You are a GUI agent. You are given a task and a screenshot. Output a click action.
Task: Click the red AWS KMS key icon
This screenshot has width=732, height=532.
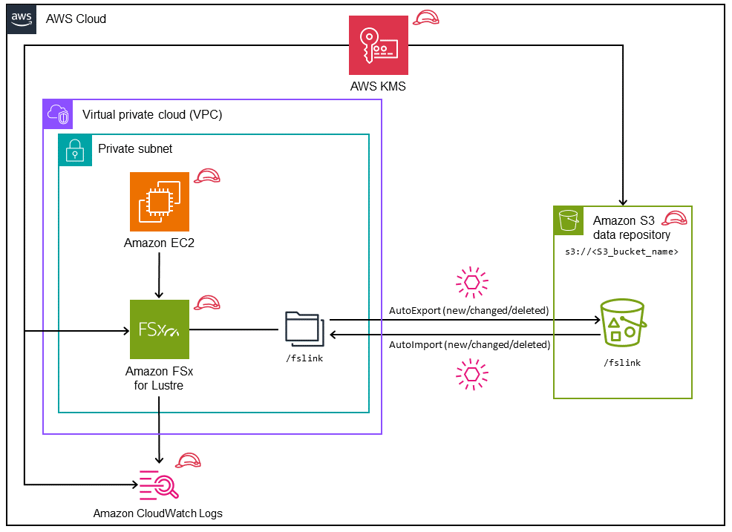tap(379, 45)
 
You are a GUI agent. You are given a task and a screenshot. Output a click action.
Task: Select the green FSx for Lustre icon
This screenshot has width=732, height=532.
tap(159, 329)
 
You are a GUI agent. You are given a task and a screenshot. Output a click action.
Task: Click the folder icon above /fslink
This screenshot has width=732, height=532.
tap(304, 329)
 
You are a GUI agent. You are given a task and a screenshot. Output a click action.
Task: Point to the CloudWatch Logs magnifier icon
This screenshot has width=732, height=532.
tap(159, 485)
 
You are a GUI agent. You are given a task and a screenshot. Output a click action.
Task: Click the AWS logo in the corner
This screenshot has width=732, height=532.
tap(22, 19)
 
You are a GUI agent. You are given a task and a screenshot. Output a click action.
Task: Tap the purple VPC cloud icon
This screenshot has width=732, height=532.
tap(57, 114)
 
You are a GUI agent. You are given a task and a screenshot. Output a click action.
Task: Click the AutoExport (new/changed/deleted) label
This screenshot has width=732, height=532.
tap(469, 310)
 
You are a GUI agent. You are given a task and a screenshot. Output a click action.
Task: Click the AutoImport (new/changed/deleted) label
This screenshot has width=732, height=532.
tap(469, 345)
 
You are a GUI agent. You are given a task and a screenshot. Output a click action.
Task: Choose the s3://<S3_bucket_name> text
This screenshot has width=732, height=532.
tap(622, 252)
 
